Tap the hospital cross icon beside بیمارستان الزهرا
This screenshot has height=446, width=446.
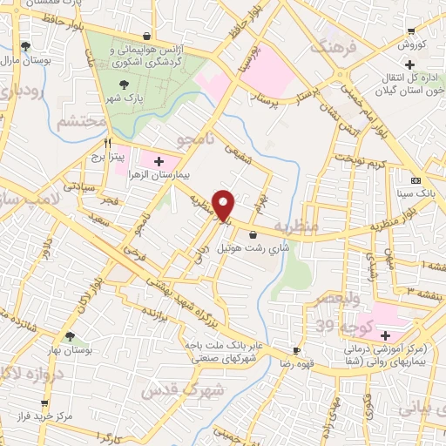click(x=159, y=161)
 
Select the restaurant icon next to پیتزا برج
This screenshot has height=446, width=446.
click(x=108, y=143)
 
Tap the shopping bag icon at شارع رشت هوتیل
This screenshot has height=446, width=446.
click(x=253, y=233)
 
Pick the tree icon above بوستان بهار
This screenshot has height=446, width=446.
click(x=70, y=335)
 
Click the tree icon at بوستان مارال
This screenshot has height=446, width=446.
click(x=26, y=46)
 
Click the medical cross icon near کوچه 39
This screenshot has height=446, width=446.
click(x=384, y=334)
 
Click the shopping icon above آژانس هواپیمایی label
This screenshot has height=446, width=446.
click(x=146, y=36)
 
